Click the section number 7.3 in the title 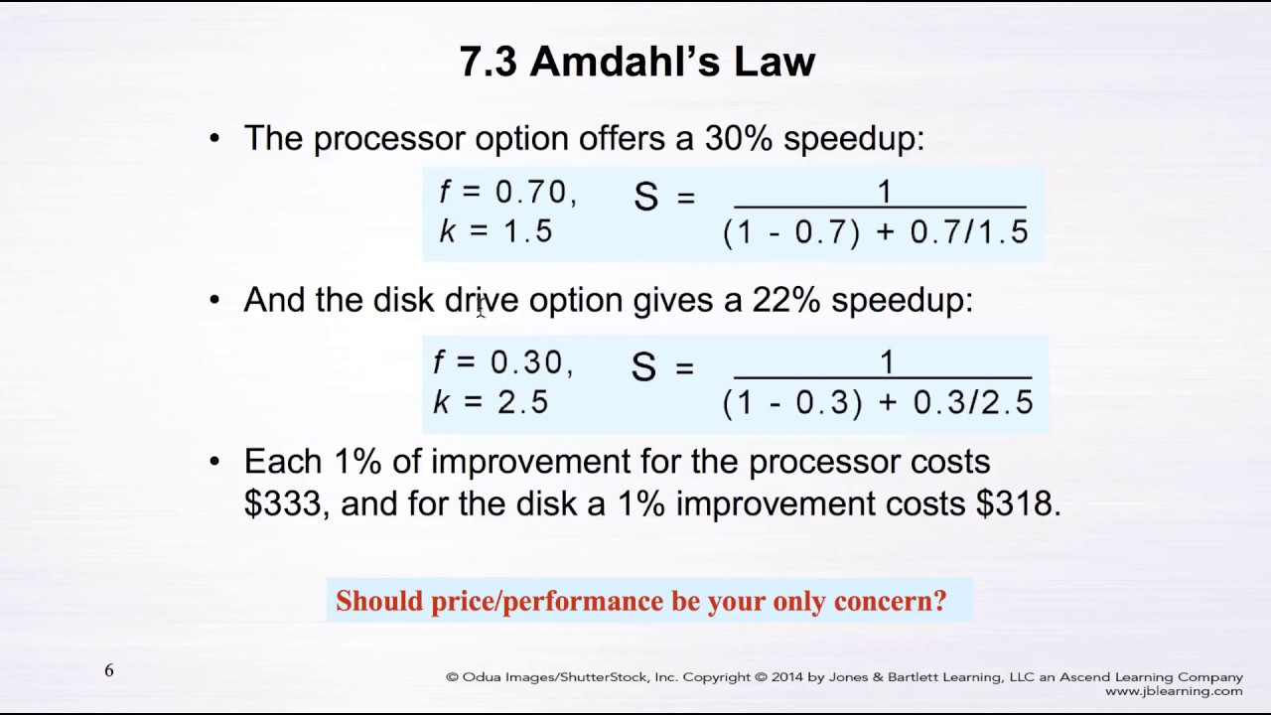point(488,62)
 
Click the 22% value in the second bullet point(785,300)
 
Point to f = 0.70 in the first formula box point(506,192)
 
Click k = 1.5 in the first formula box point(495,231)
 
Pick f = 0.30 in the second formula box point(502,362)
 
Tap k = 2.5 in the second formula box point(491,402)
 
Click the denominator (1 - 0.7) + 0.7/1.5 point(876,232)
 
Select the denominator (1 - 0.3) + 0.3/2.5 point(878,402)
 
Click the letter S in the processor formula point(645,197)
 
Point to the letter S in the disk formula point(643,367)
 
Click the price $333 point(283,503)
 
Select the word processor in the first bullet point(389,138)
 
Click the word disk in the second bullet point(403,300)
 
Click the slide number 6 point(109,671)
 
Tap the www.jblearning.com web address point(1173,691)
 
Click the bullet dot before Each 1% point(214,462)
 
